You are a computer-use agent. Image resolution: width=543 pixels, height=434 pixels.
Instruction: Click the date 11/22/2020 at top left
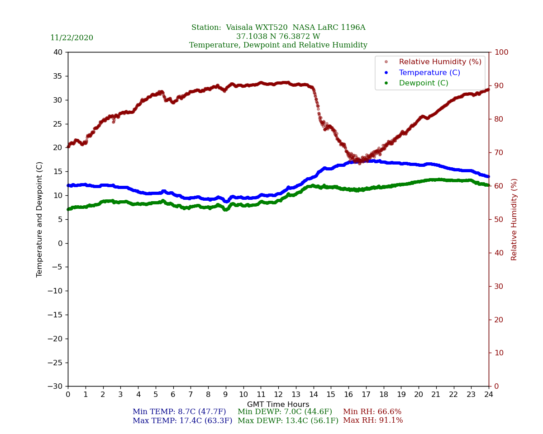[x=71, y=38]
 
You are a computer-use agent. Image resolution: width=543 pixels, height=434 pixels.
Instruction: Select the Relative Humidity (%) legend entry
[x=440, y=62]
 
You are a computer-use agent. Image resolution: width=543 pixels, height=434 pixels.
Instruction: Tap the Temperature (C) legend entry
[x=429, y=73]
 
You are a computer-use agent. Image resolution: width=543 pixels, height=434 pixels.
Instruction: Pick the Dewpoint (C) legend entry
[x=423, y=83]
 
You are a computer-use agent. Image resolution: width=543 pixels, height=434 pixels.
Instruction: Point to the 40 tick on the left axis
[x=58, y=52]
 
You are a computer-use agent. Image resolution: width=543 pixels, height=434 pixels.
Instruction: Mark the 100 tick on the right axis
[x=501, y=52]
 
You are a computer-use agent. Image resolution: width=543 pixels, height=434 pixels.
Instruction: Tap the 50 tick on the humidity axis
[x=499, y=220]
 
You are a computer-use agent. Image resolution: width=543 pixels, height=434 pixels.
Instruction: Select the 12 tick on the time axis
[x=278, y=395]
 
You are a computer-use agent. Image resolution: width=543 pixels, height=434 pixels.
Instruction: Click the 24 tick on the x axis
[x=489, y=395]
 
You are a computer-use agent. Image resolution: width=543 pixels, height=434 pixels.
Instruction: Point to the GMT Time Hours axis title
[x=278, y=405]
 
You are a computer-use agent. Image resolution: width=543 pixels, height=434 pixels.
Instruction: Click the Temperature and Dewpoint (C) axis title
[x=40, y=219]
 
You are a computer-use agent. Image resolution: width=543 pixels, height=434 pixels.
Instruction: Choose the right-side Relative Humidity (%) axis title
[x=514, y=219]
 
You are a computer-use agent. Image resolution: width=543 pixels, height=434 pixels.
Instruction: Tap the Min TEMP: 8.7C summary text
[x=179, y=412]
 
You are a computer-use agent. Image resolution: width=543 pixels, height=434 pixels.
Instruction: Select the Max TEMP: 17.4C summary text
[x=182, y=420]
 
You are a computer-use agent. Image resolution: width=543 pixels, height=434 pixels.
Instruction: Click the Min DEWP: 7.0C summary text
[x=285, y=412]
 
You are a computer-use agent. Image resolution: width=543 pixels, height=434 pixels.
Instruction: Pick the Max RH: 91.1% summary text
[x=373, y=420]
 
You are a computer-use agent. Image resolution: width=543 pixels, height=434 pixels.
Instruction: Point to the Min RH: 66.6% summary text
[x=372, y=412]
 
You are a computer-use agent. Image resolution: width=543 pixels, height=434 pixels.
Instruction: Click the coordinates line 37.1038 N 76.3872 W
[x=278, y=37]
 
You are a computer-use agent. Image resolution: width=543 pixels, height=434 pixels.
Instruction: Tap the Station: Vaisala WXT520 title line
[x=278, y=28]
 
